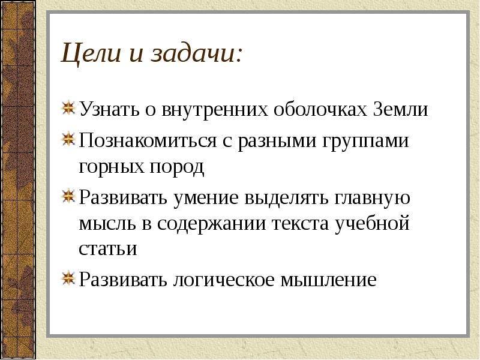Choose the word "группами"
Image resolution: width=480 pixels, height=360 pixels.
(367, 142)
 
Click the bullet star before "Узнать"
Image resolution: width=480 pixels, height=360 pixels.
(70, 109)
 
